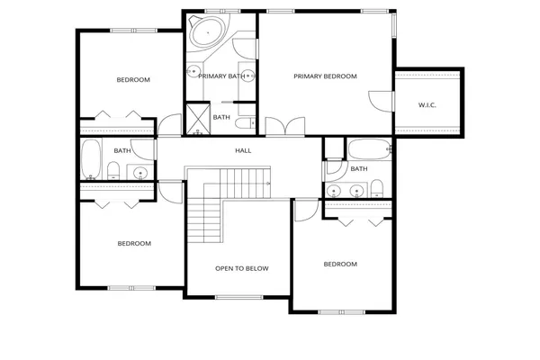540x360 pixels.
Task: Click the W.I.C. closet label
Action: coord(427,105)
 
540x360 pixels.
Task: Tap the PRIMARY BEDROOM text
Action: coord(325,76)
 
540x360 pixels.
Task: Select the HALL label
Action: coord(243,150)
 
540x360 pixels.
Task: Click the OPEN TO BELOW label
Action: coord(241,268)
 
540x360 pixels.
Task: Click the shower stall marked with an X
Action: coord(196,117)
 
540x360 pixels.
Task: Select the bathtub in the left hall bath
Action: coord(91,159)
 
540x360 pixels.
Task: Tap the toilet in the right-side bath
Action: coord(377,188)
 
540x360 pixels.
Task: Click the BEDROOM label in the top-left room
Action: coord(133,80)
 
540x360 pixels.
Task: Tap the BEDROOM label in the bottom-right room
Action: coord(340,264)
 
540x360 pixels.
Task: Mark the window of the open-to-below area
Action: coord(238,296)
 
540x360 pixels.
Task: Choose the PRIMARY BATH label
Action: coord(221,76)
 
